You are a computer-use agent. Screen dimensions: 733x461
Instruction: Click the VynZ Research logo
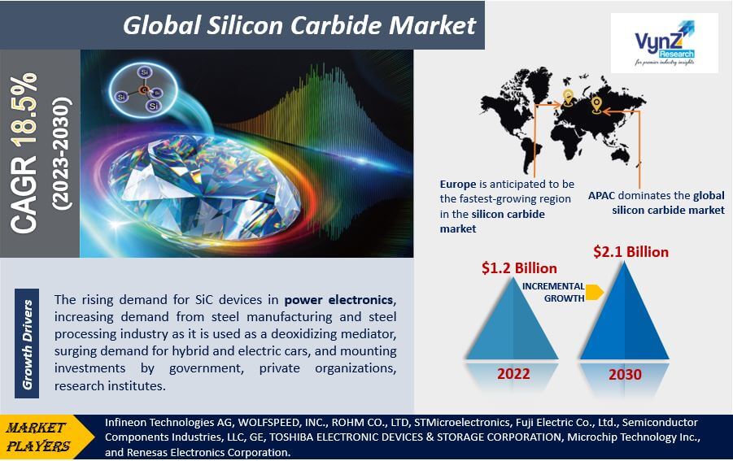pyautogui.click(x=665, y=43)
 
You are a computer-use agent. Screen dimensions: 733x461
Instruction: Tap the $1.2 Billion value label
pyautogui.click(x=519, y=268)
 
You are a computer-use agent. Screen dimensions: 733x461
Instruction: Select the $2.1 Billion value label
pyautogui.click(x=630, y=252)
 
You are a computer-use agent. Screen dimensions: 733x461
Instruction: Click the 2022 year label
pyautogui.click(x=513, y=374)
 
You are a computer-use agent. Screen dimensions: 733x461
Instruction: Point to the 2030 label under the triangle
pyautogui.click(x=625, y=374)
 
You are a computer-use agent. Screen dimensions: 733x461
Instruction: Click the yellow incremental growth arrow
pyautogui.click(x=594, y=292)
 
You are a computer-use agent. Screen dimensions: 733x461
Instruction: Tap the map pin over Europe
pyautogui.click(x=568, y=97)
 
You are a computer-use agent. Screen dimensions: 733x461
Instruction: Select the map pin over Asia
pyautogui.click(x=596, y=105)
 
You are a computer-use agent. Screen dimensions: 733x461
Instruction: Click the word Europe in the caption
pyautogui.click(x=458, y=184)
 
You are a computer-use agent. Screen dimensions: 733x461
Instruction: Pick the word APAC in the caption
pyautogui.click(x=601, y=195)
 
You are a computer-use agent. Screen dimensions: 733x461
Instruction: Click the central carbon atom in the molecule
pyautogui.click(x=144, y=89)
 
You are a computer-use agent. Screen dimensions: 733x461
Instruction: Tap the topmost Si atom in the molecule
pyautogui.click(x=145, y=72)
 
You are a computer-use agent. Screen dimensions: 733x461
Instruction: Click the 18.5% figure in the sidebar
pyautogui.click(x=24, y=108)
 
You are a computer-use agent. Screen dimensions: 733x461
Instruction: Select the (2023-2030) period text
pyautogui.click(x=62, y=154)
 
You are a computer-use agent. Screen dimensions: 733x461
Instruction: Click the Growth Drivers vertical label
pyautogui.click(x=27, y=344)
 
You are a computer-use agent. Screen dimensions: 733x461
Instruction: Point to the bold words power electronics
pyautogui.click(x=339, y=299)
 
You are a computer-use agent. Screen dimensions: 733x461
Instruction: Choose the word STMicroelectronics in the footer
pyautogui.click(x=462, y=423)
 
